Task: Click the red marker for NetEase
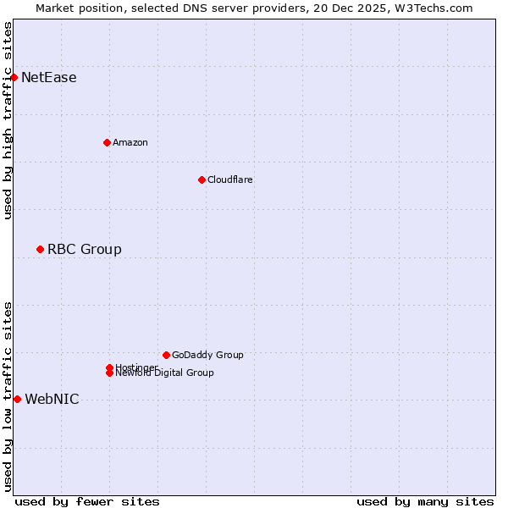(x=14, y=78)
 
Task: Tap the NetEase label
(x=49, y=78)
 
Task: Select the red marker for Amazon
(x=107, y=142)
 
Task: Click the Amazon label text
(x=130, y=142)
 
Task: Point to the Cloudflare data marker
(x=202, y=179)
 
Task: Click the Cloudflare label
(x=230, y=179)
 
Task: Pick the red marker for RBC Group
(x=40, y=249)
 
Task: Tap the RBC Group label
(x=85, y=249)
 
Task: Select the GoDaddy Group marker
(x=166, y=355)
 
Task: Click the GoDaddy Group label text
(x=207, y=355)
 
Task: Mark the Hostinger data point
(x=109, y=367)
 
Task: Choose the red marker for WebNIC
(x=17, y=399)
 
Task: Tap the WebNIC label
(x=52, y=400)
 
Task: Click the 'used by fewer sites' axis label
(x=87, y=501)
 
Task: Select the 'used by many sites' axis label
(x=425, y=501)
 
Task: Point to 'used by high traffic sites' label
(x=8, y=120)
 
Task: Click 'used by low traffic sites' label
(x=8, y=395)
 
